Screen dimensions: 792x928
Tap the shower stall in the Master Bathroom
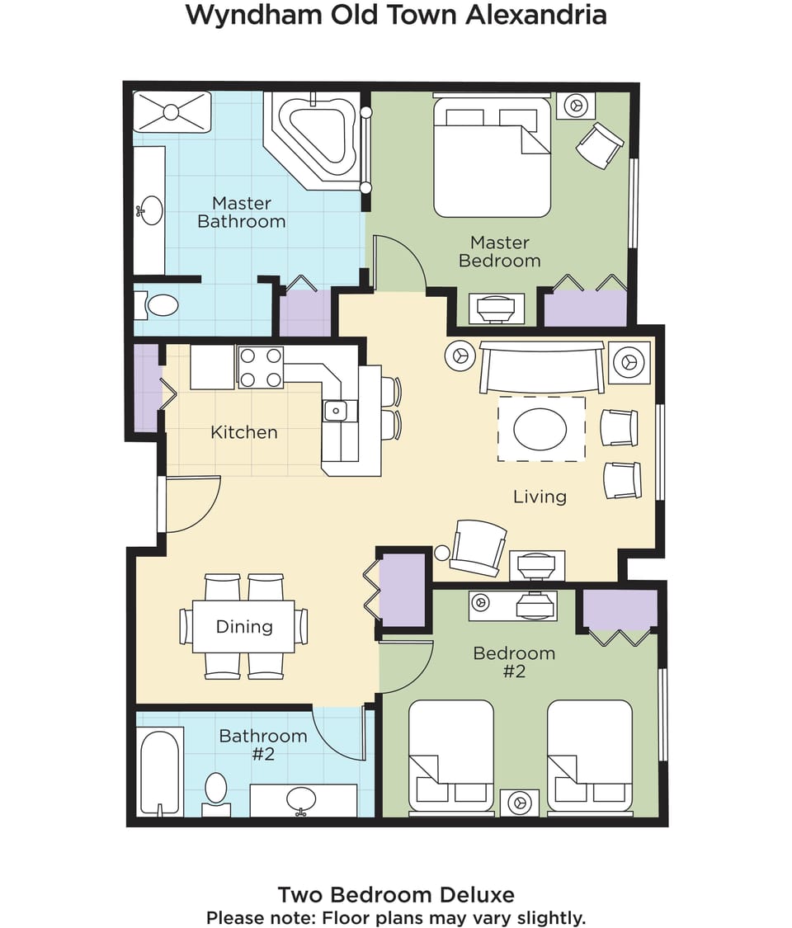(x=172, y=111)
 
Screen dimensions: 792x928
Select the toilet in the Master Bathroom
(x=157, y=305)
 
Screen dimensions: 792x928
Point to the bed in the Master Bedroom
(x=492, y=156)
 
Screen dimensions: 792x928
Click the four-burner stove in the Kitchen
(x=261, y=368)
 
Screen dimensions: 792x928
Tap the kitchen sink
(x=336, y=410)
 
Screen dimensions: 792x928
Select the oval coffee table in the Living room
(x=540, y=428)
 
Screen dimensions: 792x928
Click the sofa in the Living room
(x=542, y=367)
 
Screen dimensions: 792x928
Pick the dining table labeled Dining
(x=243, y=626)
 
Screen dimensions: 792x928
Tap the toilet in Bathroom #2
(x=216, y=794)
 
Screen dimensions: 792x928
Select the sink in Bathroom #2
(x=301, y=800)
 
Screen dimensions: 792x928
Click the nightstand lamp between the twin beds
(x=520, y=803)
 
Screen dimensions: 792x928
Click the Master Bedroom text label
(x=500, y=252)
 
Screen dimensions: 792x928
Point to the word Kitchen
(x=244, y=432)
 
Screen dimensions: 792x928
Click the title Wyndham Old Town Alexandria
(x=396, y=15)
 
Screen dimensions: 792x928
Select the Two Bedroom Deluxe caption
(x=396, y=894)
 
